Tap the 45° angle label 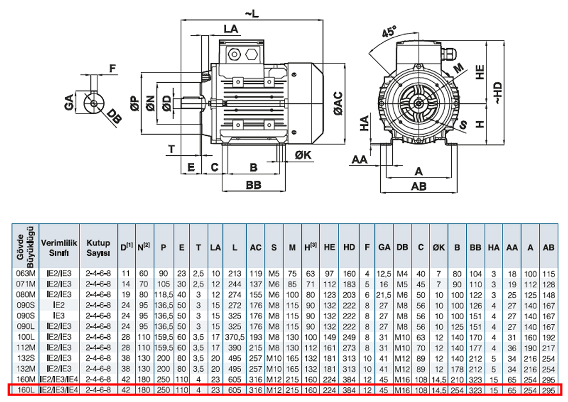tap(388, 32)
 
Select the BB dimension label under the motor tap(253, 184)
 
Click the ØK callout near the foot tap(303, 155)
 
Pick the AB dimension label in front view tap(419, 186)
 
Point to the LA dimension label tap(230, 29)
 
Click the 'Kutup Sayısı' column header tap(98, 247)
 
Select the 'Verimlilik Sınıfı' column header tap(60, 247)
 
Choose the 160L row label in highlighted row tap(26, 390)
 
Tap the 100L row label tap(26, 337)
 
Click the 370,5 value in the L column tap(234, 337)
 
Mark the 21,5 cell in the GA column tap(385, 295)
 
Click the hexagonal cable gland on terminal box tap(252, 55)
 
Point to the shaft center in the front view tap(419, 102)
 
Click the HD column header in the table tap(349, 247)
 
